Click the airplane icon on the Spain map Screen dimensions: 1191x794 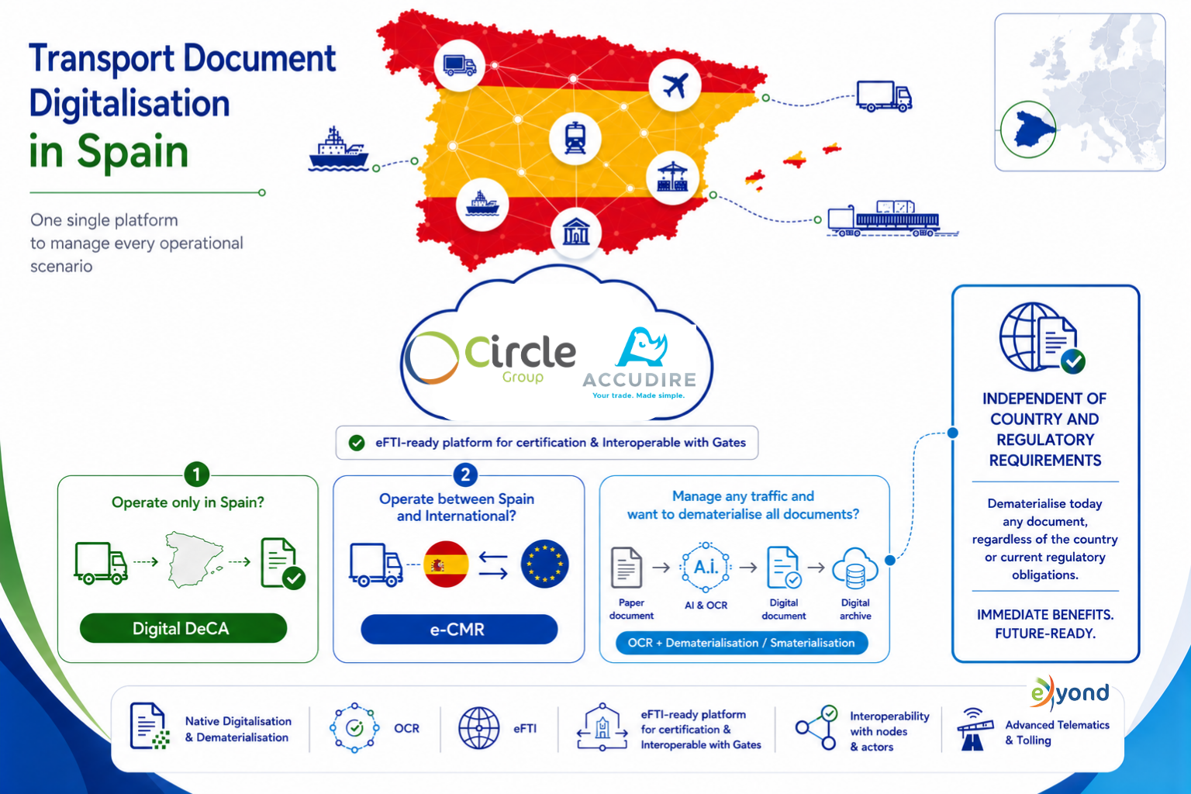(675, 85)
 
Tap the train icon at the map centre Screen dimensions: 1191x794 (575, 138)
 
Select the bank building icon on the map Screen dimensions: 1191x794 (576, 232)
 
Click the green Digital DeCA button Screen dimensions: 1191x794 (183, 628)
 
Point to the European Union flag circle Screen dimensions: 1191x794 (544, 564)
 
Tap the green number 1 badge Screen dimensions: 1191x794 (196, 474)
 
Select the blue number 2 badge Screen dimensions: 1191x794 (465, 474)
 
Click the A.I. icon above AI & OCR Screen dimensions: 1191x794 (706, 568)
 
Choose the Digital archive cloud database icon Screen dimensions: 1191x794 (855, 568)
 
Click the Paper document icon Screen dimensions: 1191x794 (627, 568)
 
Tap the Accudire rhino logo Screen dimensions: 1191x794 (642, 347)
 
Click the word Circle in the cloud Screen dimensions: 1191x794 (520, 352)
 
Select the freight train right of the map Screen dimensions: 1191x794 (892, 218)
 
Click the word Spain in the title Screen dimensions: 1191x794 (133, 151)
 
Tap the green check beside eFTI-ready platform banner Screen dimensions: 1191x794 (357, 443)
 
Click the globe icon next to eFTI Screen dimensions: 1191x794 (479, 728)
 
